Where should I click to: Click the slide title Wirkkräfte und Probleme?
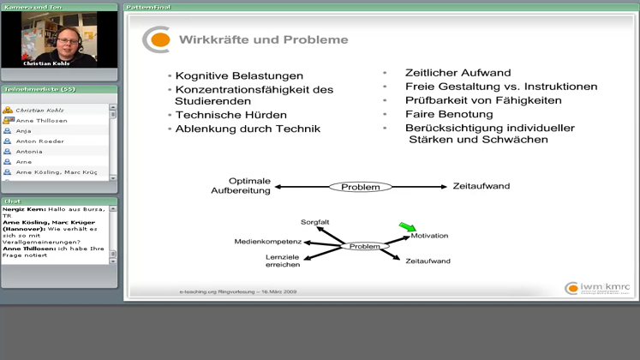(263, 39)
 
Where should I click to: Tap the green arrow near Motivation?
(406, 226)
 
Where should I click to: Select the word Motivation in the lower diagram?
(428, 236)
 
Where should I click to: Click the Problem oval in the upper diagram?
(360, 187)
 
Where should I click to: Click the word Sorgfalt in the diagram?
(315, 222)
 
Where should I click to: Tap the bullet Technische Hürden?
(230, 115)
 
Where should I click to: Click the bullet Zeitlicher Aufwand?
(458, 73)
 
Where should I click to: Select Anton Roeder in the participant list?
(39, 141)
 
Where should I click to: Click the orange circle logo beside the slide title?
(156, 39)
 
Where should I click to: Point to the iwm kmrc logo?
(598, 288)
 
